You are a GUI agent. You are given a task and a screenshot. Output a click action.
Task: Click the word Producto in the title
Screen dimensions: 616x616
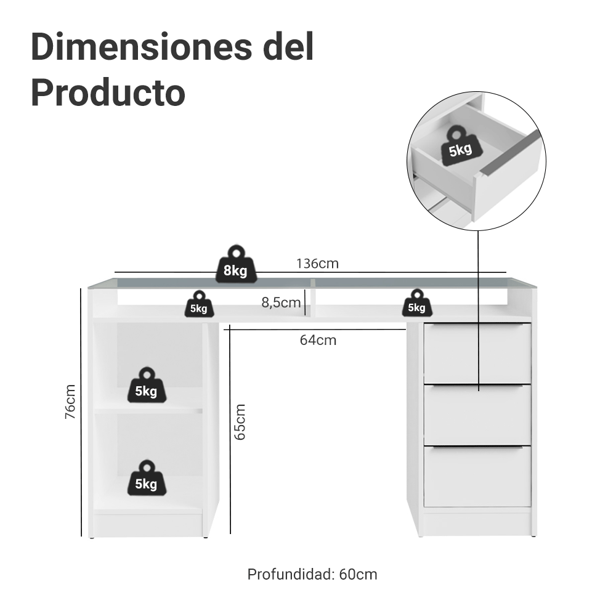pos(108,93)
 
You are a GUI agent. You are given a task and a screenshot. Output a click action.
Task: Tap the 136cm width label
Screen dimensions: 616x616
pos(317,263)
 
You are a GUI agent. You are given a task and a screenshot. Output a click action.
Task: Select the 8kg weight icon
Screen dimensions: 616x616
pos(236,264)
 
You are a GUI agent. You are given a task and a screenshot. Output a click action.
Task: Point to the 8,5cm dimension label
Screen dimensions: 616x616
pos(281,302)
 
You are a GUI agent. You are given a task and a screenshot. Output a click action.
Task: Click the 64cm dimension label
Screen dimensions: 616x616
pos(318,340)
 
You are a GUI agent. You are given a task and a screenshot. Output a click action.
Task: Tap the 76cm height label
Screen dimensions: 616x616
pos(70,402)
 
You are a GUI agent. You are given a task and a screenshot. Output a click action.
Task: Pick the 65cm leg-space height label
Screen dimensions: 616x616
pos(240,422)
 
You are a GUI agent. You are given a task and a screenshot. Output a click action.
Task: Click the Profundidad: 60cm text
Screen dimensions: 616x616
pos(312,574)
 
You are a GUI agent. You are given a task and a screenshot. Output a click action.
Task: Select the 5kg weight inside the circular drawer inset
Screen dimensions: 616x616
pos(458,145)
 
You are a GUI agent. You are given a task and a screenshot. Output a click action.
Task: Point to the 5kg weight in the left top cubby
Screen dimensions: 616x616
pos(199,304)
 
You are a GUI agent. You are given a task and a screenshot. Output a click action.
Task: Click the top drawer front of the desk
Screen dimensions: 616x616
pos(477,353)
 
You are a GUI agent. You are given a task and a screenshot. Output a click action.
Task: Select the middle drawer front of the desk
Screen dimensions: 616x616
pos(477,415)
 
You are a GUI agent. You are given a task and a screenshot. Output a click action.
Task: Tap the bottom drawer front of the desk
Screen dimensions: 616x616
pos(477,477)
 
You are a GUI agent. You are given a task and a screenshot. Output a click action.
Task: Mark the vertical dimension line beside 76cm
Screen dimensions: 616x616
pos(81,412)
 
